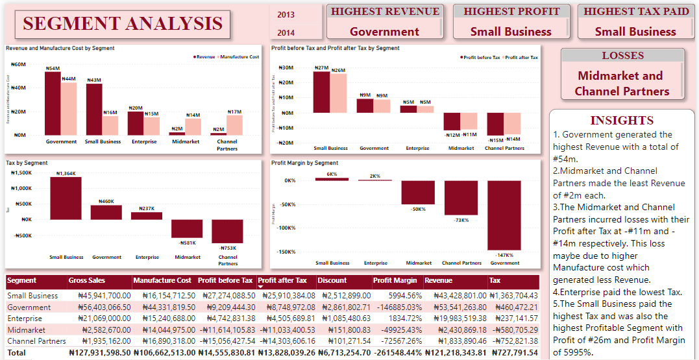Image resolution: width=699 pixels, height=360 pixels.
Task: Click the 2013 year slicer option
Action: click(x=286, y=14)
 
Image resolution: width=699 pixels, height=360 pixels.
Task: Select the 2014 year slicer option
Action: click(x=286, y=32)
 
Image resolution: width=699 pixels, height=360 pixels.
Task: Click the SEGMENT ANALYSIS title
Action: click(x=123, y=24)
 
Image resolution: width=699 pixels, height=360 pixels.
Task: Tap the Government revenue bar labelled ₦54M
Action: click(x=53, y=103)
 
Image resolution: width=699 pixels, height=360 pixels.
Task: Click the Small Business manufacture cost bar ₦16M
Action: click(x=110, y=125)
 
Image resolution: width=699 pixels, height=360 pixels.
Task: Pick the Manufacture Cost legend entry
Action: click(x=238, y=57)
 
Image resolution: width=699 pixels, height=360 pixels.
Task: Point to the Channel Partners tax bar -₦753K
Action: click(x=227, y=231)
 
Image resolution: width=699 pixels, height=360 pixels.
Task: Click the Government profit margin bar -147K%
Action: click(x=504, y=215)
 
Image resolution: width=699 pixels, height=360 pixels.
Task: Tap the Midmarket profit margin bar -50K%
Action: click(x=417, y=193)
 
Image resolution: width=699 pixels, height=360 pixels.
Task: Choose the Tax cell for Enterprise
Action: click(x=513, y=318)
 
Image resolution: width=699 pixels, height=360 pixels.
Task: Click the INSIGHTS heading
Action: click(x=622, y=120)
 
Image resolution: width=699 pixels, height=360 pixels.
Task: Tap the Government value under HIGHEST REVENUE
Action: click(x=384, y=31)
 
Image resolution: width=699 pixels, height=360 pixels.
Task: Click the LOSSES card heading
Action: click(x=622, y=56)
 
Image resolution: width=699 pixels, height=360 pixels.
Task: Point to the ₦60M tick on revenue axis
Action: click(x=18, y=65)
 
